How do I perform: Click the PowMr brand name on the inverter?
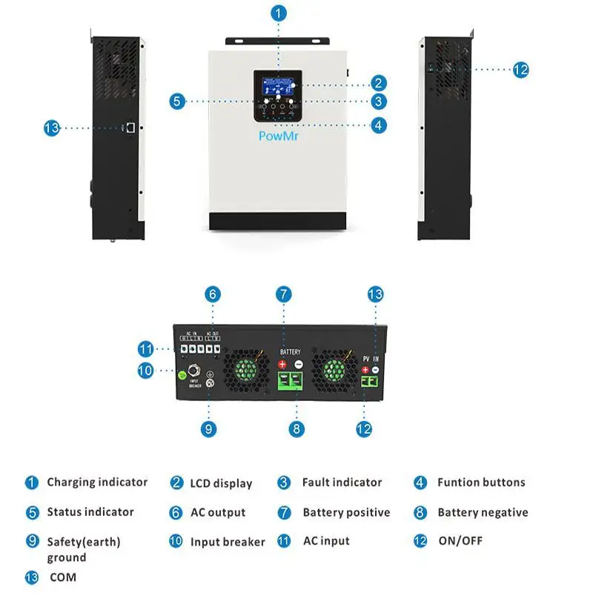tap(279, 136)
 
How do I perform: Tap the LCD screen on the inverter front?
tap(279, 84)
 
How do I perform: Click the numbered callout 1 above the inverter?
tap(279, 13)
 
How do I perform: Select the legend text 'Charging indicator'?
tap(97, 483)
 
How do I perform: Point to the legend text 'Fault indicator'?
tap(342, 483)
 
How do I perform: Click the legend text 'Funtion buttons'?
tap(481, 483)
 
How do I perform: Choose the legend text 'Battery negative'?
tap(483, 512)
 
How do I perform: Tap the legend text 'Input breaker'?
tap(228, 542)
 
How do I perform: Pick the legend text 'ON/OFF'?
tap(460, 541)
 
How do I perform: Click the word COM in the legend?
tap(63, 577)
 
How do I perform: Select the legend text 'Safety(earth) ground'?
tap(83, 549)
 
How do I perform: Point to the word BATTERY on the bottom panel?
tap(290, 351)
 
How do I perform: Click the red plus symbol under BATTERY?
tap(282, 365)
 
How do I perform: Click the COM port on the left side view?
tap(130, 127)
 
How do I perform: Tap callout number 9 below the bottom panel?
tap(210, 428)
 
